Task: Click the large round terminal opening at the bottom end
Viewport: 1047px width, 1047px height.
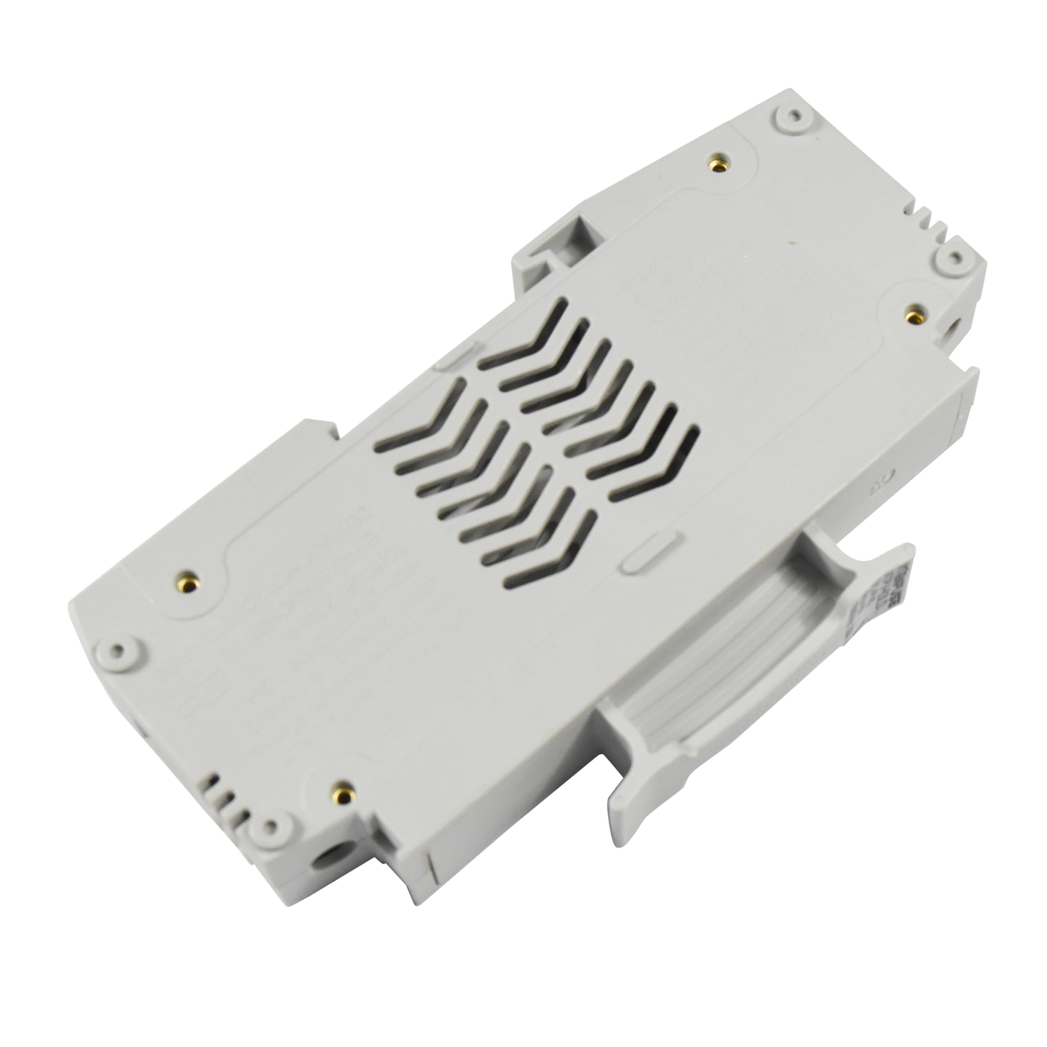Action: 329,887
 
